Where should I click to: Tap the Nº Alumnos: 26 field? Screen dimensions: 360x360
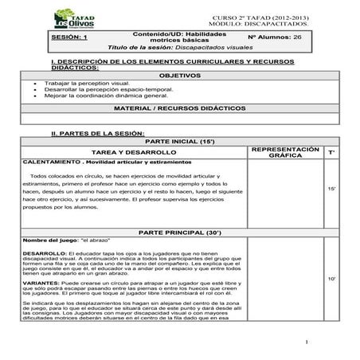[274, 37]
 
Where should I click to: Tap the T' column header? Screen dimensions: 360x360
[331, 151]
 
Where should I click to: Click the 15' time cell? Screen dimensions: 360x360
[331, 188]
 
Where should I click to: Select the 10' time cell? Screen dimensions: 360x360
[331, 279]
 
